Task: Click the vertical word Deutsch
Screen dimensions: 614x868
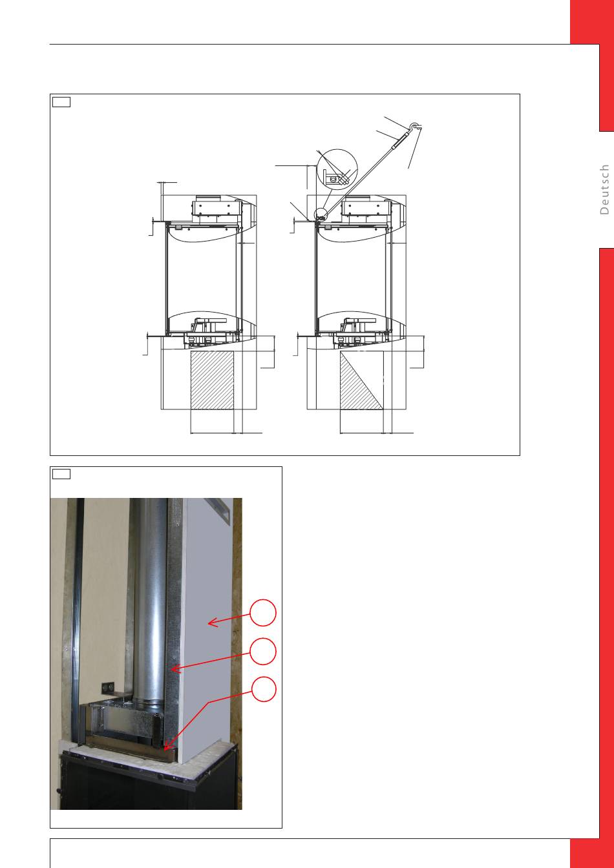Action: point(604,189)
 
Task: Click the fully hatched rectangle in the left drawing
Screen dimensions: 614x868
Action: point(212,380)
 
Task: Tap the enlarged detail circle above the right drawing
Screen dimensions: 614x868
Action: point(336,169)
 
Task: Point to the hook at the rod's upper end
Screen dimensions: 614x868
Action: point(416,127)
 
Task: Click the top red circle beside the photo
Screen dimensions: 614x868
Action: point(263,613)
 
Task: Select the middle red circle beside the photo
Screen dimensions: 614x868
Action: point(263,652)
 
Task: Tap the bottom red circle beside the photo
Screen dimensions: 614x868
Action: point(264,689)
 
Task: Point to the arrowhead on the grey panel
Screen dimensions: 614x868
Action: point(213,623)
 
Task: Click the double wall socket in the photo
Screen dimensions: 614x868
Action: point(108,688)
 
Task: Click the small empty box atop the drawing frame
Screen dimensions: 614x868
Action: point(61,102)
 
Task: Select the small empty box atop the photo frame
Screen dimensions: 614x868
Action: point(61,474)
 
